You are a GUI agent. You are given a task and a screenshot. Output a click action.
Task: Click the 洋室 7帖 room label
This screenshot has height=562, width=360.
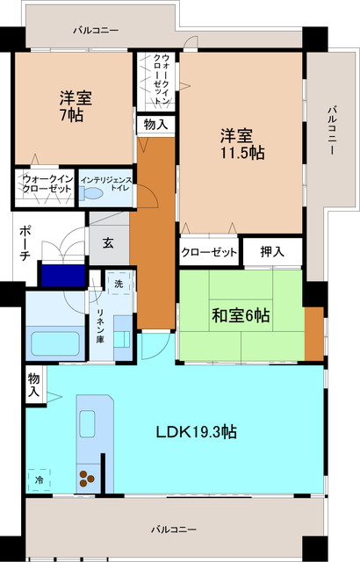76,106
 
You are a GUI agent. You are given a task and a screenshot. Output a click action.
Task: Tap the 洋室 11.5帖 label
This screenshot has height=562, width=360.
242,144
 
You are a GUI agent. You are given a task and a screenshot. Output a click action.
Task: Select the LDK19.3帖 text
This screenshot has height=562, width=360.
197,432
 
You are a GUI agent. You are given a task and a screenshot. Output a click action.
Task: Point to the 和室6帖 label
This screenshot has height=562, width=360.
241,316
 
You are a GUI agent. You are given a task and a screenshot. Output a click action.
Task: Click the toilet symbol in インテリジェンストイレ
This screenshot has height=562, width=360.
91,193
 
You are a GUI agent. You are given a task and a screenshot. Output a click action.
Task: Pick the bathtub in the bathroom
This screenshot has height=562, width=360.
55,343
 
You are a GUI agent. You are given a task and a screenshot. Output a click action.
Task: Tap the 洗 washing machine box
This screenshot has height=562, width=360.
119,283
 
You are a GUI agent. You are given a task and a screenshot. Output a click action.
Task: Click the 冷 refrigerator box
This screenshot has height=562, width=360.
39,479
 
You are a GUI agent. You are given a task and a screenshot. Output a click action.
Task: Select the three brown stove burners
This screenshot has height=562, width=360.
86,479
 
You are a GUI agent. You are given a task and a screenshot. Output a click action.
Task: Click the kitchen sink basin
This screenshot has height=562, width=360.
87,424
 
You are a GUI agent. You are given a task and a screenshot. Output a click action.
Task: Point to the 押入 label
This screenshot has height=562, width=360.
272,252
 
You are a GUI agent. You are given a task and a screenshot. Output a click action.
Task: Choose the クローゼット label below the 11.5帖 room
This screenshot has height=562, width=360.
209,252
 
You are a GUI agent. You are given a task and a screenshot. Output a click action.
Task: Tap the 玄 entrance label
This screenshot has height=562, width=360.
108,244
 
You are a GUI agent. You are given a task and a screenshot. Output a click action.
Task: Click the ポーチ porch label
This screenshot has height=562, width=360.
25,242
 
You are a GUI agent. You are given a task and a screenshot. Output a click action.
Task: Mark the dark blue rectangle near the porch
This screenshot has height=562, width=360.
63,275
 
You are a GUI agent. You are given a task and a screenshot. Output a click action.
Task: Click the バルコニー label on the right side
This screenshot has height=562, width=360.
332,131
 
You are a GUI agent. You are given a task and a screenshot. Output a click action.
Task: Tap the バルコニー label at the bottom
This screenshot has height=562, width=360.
173,529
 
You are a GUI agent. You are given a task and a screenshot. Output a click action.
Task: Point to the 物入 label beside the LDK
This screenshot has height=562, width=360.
33,385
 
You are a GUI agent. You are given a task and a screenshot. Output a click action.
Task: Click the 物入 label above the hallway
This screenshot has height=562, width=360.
155,125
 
